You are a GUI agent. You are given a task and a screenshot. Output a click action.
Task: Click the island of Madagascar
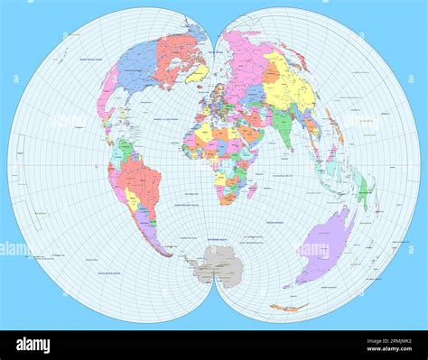click(x=252, y=189)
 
